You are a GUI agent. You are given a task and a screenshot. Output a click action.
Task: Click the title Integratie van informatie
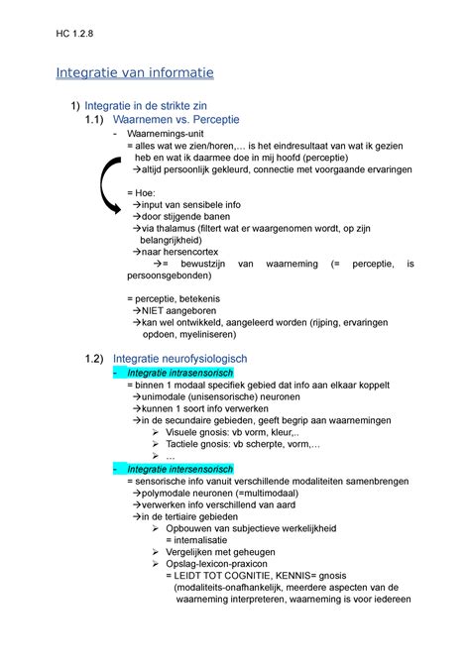point(134,72)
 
